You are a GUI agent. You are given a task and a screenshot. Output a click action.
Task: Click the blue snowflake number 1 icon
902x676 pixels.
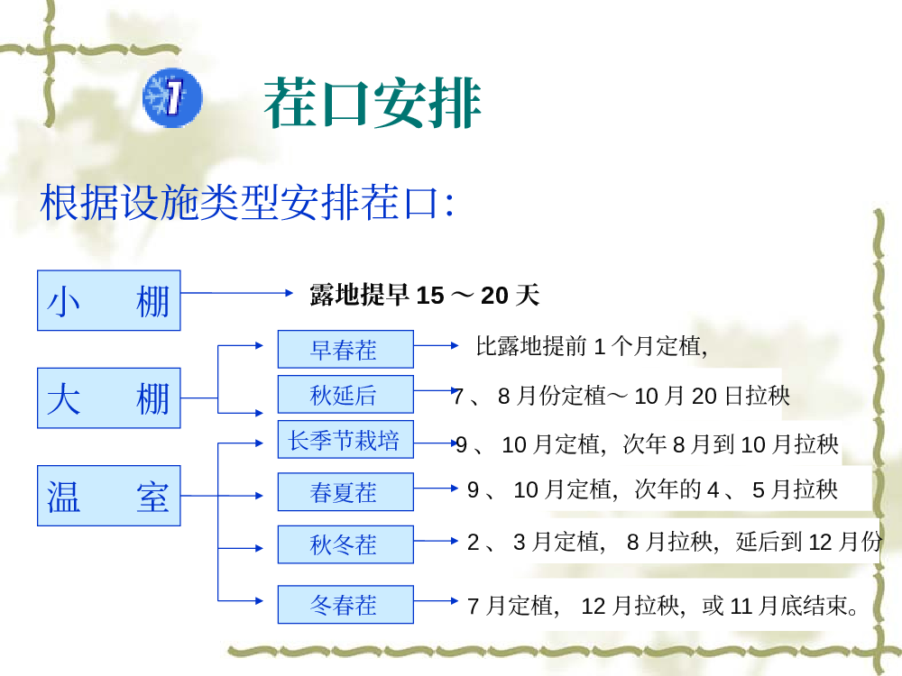pos(172,97)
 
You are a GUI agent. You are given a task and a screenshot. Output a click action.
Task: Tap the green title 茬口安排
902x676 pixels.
pos(373,103)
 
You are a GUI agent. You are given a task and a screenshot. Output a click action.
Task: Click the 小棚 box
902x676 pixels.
pos(109,300)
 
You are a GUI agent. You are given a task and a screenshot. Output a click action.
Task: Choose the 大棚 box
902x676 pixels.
pos(109,397)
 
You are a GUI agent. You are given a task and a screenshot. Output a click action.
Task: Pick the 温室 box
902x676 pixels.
pos(109,496)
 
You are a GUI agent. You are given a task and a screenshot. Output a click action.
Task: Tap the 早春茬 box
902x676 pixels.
pos(345,349)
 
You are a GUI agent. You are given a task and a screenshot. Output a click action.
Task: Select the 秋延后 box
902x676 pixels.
pos(345,395)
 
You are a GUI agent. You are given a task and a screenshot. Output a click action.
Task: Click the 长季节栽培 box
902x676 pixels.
pos(345,440)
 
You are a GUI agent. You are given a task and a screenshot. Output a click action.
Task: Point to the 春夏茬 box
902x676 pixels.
pos(345,491)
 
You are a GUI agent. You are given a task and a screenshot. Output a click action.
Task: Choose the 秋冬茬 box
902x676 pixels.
pos(345,544)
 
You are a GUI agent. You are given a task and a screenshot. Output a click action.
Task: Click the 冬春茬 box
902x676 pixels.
pos(345,604)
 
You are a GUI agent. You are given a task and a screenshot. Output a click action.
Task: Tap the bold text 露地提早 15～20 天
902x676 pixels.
pos(425,296)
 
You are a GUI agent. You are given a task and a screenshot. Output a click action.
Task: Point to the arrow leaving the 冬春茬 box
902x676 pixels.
pos(436,600)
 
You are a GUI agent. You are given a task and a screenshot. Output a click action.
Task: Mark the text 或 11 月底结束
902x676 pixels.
pos(774,606)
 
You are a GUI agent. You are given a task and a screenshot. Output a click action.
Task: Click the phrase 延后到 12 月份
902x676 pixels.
pos(809,542)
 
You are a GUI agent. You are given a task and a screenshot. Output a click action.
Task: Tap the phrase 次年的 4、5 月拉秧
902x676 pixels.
pos(736,489)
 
